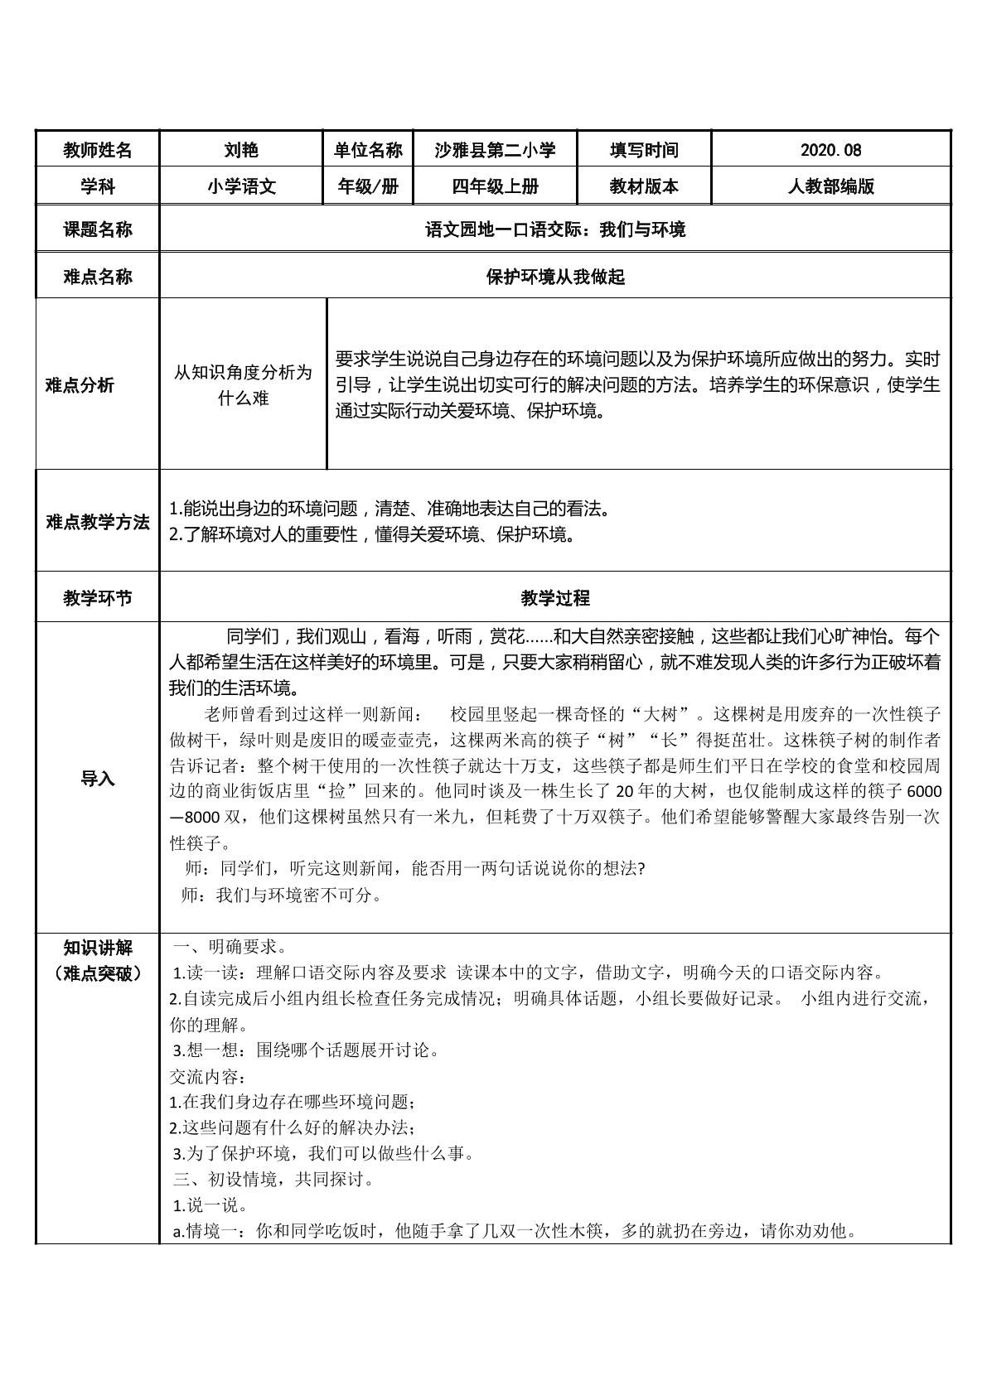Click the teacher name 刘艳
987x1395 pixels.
[241, 150]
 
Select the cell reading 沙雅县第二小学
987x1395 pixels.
[495, 150]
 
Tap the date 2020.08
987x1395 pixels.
[830, 150]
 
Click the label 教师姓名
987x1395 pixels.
[98, 150]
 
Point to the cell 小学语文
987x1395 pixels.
[241, 186]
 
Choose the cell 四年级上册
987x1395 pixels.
[495, 186]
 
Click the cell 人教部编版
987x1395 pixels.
[830, 186]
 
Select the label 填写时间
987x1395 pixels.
[644, 150]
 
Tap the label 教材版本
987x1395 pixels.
[644, 186]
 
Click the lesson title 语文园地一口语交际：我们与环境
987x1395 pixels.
[554, 229]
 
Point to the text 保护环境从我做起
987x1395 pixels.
[554, 277]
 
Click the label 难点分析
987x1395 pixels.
[80, 385]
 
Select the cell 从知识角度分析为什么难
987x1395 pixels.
[243, 385]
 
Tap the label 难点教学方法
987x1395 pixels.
[98, 523]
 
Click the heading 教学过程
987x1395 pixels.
[554, 598]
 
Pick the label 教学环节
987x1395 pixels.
[98, 598]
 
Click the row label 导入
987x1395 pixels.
[98, 779]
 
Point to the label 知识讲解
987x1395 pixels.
[98, 948]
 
